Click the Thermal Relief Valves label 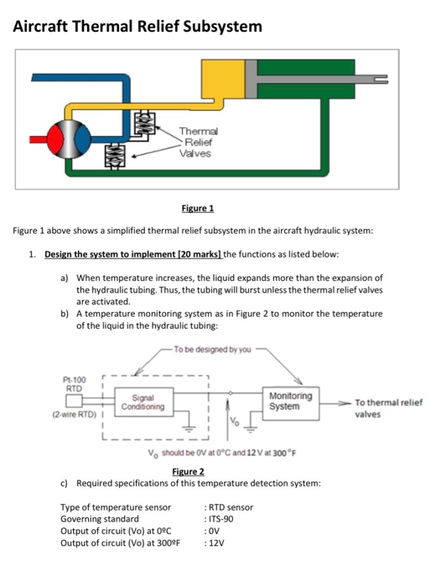199,142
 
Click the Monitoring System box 291,400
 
